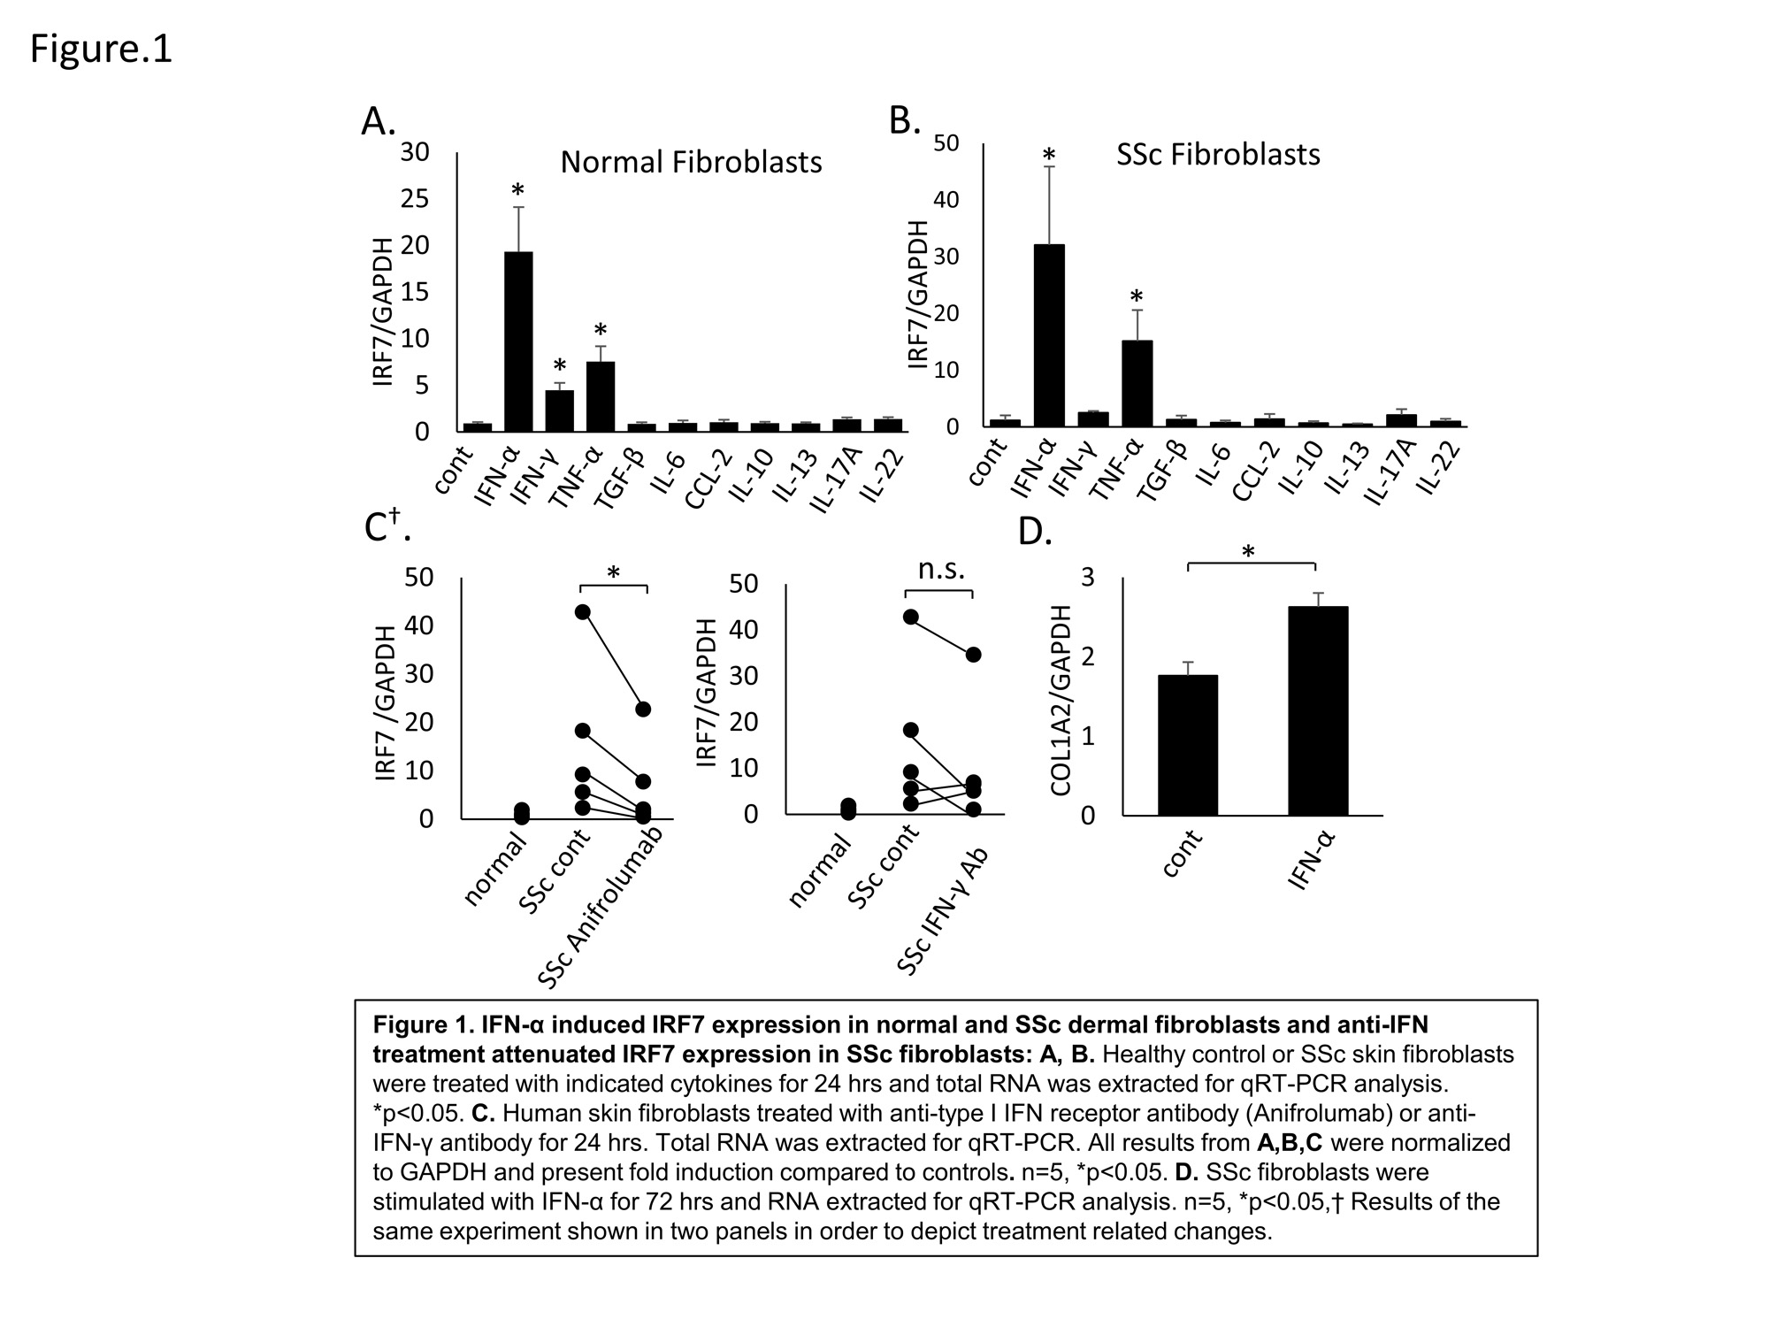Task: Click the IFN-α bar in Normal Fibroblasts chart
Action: coord(518,341)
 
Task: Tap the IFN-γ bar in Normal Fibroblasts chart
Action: coord(559,410)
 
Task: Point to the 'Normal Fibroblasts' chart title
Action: coord(691,163)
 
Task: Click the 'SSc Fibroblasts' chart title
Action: coord(1218,155)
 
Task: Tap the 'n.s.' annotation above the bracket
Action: coord(941,569)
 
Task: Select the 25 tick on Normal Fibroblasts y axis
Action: coord(415,199)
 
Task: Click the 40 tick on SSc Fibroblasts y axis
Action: coord(946,200)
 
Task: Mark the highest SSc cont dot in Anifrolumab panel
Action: coord(582,611)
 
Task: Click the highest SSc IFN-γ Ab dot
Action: coord(973,655)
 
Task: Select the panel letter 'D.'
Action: coord(1036,533)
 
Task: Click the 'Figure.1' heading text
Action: coord(101,50)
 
